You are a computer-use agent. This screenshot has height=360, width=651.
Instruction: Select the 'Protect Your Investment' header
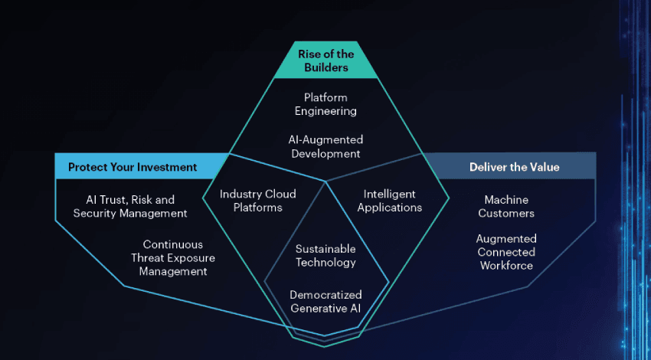[x=132, y=167]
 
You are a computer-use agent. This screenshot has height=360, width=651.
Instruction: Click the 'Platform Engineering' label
[x=325, y=104]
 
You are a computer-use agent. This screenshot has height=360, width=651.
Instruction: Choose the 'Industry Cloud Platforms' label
[x=257, y=201]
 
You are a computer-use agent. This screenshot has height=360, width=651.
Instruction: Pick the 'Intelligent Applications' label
[x=389, y=201]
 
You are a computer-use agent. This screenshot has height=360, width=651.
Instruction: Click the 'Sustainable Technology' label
[x=325, y=256]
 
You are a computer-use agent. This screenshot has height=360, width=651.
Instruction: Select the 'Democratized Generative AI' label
[x=325, y=301]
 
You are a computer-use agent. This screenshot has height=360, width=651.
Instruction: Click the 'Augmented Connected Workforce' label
[x=506, y=252]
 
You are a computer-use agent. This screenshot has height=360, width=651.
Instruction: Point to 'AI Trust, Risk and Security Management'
[x=130, y=207]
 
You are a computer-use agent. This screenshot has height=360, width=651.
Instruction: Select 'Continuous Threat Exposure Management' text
[x=168, y=258]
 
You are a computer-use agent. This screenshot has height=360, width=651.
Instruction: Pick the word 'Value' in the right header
[x=543, y=167]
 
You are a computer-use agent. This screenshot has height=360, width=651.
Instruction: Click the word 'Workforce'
[x=506, y=266]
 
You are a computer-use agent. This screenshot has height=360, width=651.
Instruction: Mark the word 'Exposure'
[x=186, y=258]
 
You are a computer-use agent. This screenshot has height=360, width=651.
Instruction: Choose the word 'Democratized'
[x=325, y=295]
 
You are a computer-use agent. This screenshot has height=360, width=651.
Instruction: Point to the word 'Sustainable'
[x=325, y=249]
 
